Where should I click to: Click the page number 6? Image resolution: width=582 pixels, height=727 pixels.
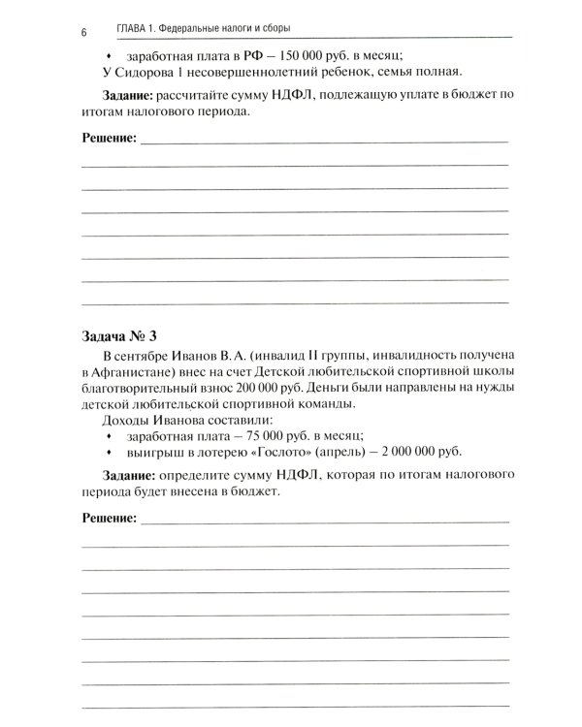pyautogui.click(x=84, y=32)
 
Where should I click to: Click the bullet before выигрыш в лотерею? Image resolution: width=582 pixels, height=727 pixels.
pyautogui.click(x=108, y=452)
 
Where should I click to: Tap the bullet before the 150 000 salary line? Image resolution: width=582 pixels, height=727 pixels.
pyautogui.click(x=108, y=55)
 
